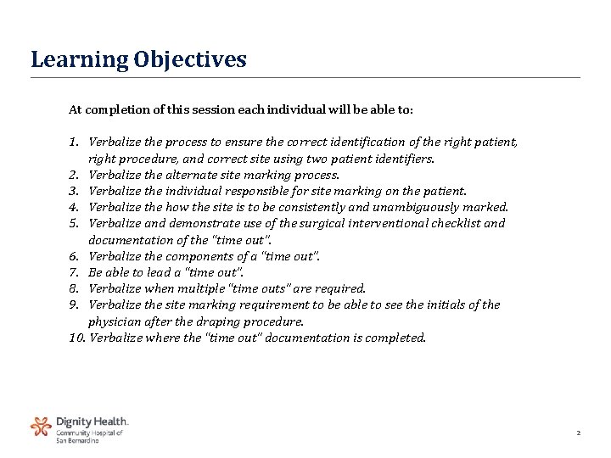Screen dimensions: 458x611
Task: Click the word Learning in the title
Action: coord(78,60)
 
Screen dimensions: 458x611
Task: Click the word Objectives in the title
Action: coord(188,60)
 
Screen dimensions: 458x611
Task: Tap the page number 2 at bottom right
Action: coord(578,433)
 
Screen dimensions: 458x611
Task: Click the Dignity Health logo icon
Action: coord(41,426)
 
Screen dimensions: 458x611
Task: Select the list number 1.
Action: coord(74,142)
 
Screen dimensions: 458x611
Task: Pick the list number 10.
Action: coord(77,338)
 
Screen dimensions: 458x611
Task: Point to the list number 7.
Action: coord(74,273)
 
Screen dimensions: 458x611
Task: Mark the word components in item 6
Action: coord(197,257)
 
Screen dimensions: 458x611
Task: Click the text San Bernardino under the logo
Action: coord(77,440)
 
